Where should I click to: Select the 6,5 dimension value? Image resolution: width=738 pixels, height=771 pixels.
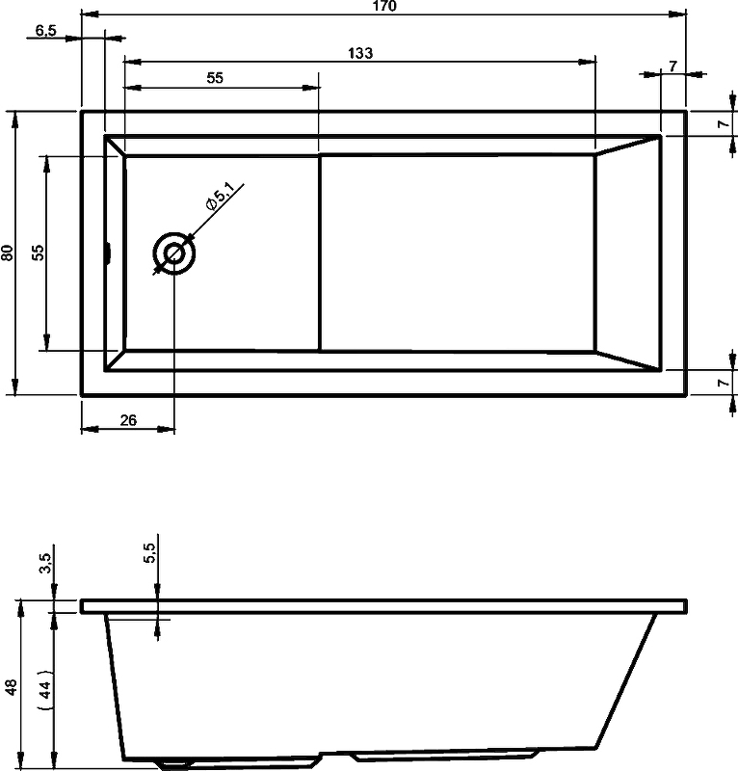point(45,30)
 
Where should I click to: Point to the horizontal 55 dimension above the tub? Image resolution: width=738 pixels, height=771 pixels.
point(215,79)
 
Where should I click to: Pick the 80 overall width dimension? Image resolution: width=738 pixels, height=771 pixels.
point(8,253)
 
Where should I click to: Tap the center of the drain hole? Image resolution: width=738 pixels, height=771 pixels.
point(174,254)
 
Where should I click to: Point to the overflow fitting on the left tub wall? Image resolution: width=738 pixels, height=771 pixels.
point(109,253)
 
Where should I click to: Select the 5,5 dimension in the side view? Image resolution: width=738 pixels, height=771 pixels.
point(148,553)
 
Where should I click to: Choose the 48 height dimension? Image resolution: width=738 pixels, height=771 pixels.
point(10,686)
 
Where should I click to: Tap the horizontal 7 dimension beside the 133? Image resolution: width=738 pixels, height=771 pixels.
point(672,66)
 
